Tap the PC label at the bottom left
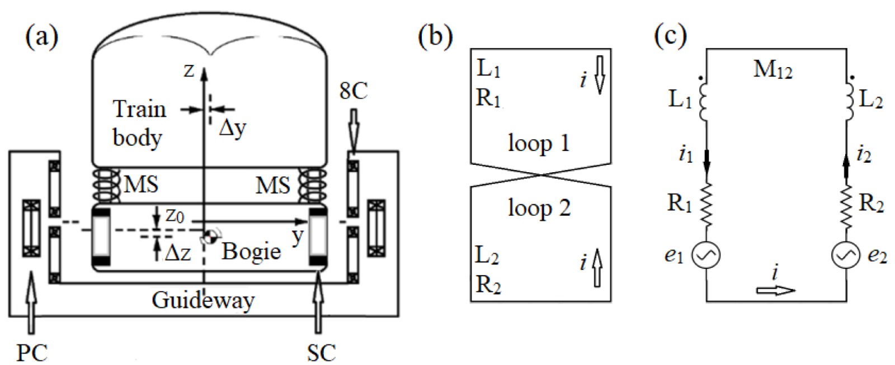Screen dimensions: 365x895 tap(31, 352)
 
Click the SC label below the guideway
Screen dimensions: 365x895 tap(321, 352)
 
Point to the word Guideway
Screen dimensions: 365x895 tap(203, 301)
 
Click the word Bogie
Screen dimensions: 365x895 tap(251, 251)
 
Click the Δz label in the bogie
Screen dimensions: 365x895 tap(178, 253)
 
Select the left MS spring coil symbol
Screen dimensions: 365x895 tap(105, 185)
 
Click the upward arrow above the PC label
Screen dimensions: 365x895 tap(32, 302)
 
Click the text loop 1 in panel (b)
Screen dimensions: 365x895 tap(539, 143)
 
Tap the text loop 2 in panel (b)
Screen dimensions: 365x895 tap(539, 208)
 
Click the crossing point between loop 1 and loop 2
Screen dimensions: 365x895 tap(540, 175)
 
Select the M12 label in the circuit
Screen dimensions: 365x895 tap(772, 70)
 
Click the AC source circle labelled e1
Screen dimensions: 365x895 tap(705, 256)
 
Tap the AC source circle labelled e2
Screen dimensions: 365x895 tap(845, 256)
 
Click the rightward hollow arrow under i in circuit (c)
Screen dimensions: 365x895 tap(775, 290)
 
